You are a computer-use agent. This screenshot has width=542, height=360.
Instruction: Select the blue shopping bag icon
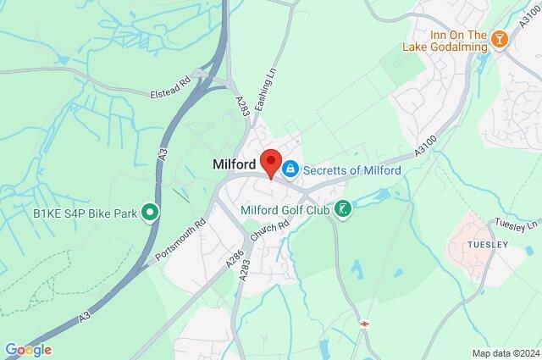pos(290,169)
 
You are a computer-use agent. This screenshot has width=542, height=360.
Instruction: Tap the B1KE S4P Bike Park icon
pos(150,211)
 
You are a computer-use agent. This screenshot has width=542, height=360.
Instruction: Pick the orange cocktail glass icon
pos(500,39)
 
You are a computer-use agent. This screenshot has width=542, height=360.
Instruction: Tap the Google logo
pos(27,350)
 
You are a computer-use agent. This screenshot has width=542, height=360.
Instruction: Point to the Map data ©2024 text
pos(505,352)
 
